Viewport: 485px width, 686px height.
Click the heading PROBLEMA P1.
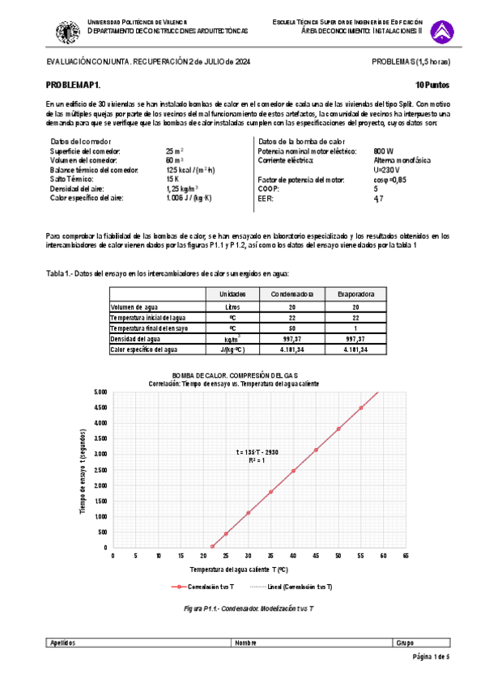tap(74, 85)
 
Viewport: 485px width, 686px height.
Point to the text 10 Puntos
tap(432, 85)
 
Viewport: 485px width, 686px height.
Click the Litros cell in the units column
tap(233, 307)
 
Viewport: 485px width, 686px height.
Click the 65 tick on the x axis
tap(406, 557)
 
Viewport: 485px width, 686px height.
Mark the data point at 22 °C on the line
tap(212, 546)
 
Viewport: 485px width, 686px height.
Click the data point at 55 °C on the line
tap(361, 408)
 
